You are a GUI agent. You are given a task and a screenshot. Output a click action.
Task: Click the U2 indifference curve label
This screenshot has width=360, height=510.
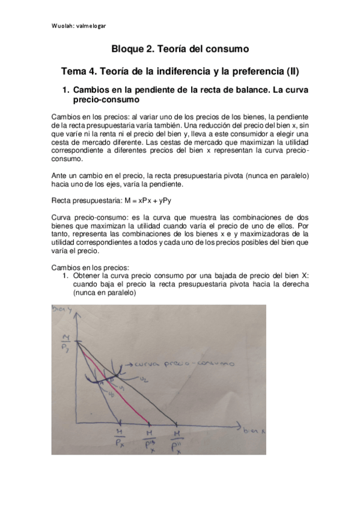click(x=144, y=379)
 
